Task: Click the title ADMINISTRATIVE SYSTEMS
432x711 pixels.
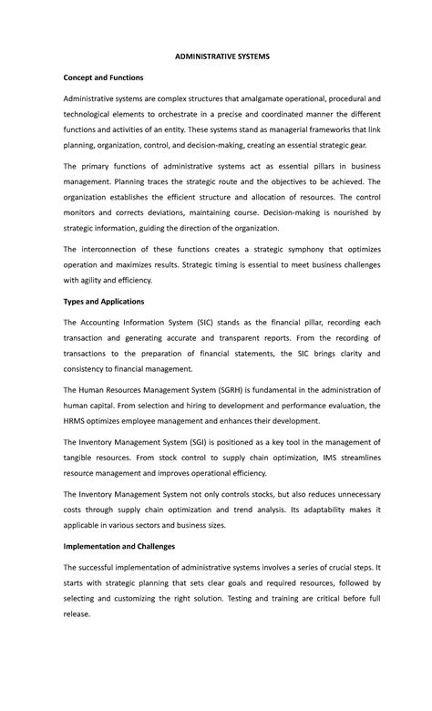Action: [216, 57]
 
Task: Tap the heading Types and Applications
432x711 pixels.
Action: [105, 301]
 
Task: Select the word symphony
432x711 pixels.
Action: [291, 249]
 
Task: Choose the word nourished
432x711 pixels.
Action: [344, 211]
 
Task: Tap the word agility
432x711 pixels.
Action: [93, 282]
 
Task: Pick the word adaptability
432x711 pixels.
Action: [311, 510]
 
